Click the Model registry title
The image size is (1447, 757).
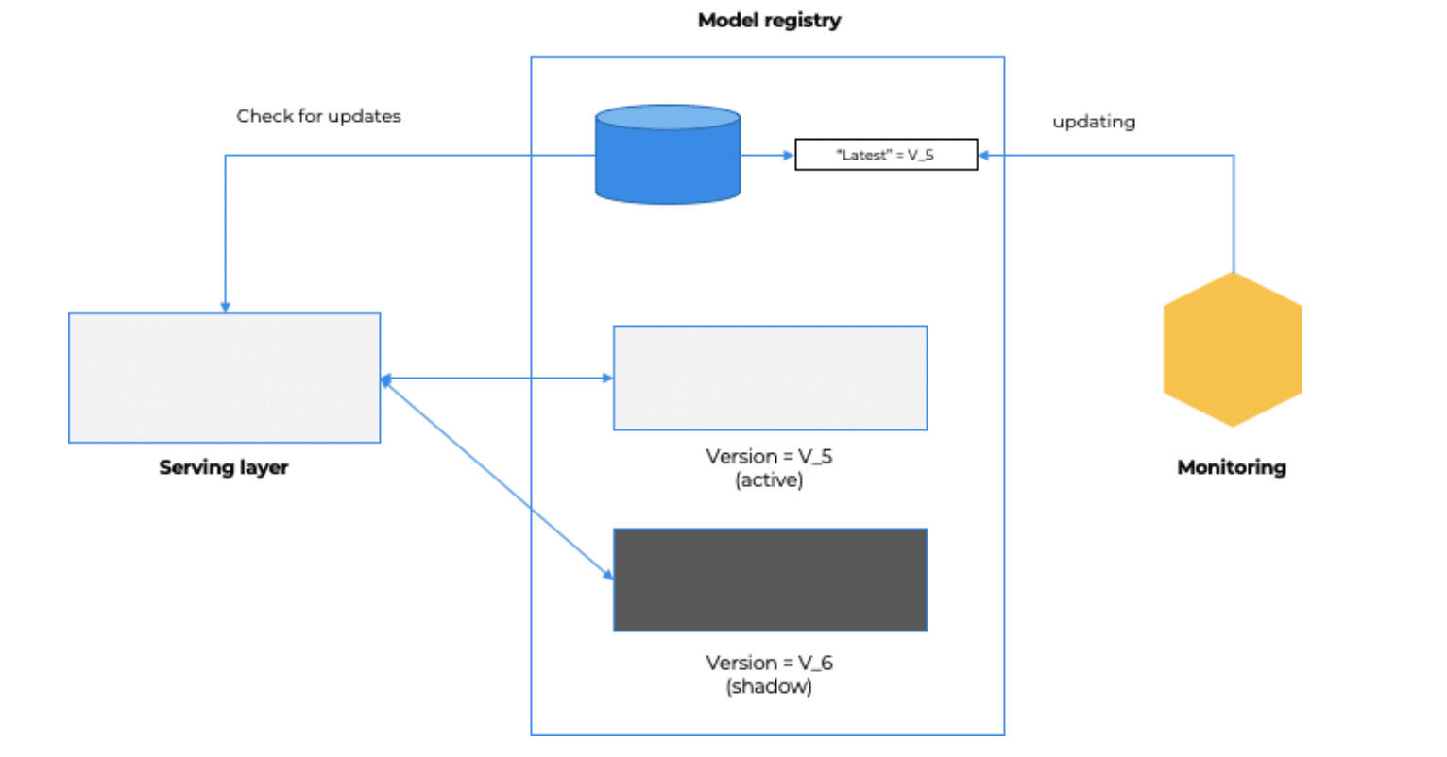click(769, 21)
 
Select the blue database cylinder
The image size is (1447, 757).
click(668, 155)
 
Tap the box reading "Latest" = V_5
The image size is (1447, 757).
click(885, 155)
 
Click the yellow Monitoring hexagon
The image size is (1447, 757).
click(1233, 349)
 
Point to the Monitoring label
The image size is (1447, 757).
click(1232, 467)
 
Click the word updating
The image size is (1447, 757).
click(1094, 122)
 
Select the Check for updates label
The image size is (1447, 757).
click(318, 116)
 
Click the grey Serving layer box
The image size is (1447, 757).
click(225, 378)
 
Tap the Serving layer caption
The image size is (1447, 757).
click(224, 467)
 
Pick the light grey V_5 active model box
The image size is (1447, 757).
click(770, 378)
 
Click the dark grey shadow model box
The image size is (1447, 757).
click(770, 580)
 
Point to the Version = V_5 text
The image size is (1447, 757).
click(769, 457)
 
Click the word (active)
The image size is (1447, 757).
click(769, 480)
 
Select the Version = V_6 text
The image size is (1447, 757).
click(769, 663)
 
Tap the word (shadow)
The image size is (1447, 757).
click(769, 686)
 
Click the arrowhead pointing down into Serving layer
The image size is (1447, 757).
click(225, 307)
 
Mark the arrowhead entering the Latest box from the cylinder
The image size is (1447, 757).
click(789, 155)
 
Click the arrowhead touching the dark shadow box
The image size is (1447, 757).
click(607, 572)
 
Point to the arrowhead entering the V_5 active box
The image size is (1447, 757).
click(607, 378)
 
